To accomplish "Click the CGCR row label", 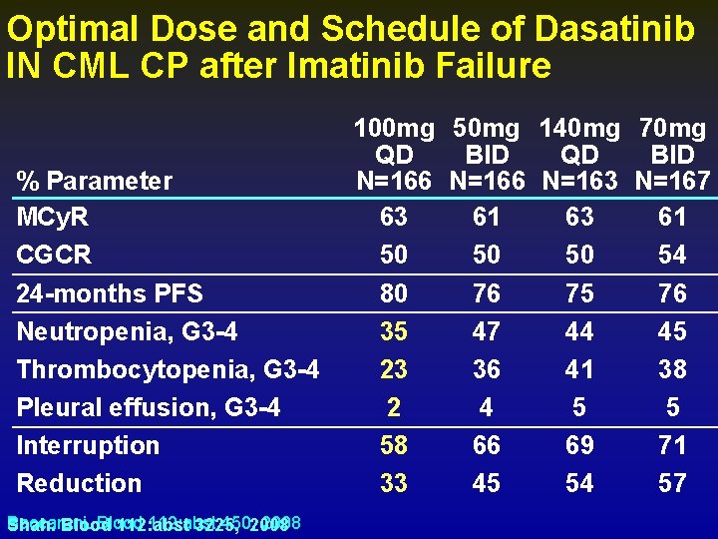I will click(x=54, y=256).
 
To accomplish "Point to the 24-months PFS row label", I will click(x=110, y=293).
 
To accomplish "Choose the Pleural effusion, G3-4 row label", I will click(x=149, y=407).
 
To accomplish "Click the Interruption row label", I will click(x=88, y=445).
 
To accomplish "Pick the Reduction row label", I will click(x=79, y=483).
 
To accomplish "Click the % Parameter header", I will click(x=95, y=181).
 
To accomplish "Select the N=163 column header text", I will click(x=579, y=181).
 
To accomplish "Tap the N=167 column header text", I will click(x=672, y=181).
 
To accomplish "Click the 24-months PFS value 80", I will click(x=394, y=293).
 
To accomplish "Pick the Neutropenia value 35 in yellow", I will click(x=394, y=331).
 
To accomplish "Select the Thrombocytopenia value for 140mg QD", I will click(x=579, y=369).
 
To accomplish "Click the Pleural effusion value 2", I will click(x=394, y=407).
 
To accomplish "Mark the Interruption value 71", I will click(x=672, y=445).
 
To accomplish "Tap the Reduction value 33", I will click(x=394, y=483).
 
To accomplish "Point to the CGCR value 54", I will click(x=672, y=256).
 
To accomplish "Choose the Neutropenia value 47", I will click(x=487, y=331).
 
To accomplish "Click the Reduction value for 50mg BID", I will click(x=487, y=483).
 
